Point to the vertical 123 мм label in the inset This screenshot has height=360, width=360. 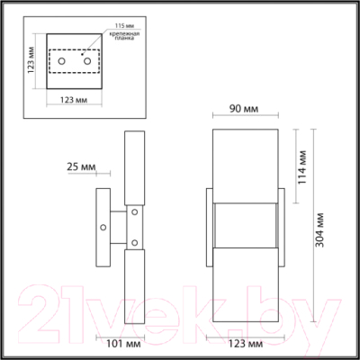click(31, 60)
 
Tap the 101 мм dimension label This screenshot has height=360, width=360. click(112, 343)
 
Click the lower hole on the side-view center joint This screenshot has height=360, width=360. click(133, 241)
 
